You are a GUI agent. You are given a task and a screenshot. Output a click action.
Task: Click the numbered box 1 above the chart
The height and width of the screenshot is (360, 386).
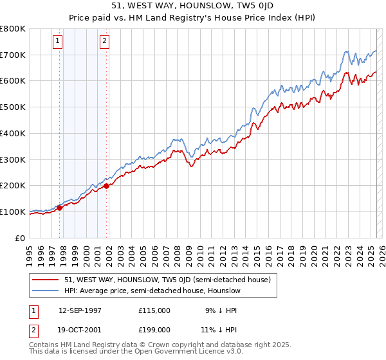pos(58,42)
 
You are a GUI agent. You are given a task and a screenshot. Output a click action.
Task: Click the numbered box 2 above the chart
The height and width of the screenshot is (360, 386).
pos(104,42)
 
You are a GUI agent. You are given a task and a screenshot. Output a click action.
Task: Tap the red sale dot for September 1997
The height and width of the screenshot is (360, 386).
pos(60,208)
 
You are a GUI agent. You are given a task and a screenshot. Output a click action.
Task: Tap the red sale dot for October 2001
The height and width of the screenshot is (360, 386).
pos(106,186)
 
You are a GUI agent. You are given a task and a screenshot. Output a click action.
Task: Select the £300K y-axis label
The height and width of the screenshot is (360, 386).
pos(13,159)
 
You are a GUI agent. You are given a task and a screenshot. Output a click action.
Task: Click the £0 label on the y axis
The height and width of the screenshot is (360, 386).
pos(21,238)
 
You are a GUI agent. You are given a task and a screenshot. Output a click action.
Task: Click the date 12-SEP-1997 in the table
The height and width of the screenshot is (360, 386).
pos(80,310)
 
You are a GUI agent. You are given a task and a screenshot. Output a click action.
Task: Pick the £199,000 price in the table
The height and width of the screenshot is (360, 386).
pos(154,330)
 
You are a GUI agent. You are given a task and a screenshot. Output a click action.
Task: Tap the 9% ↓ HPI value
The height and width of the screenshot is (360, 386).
pos(220,310)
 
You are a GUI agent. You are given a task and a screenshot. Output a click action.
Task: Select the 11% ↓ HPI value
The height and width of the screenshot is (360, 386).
pos(220,330)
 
